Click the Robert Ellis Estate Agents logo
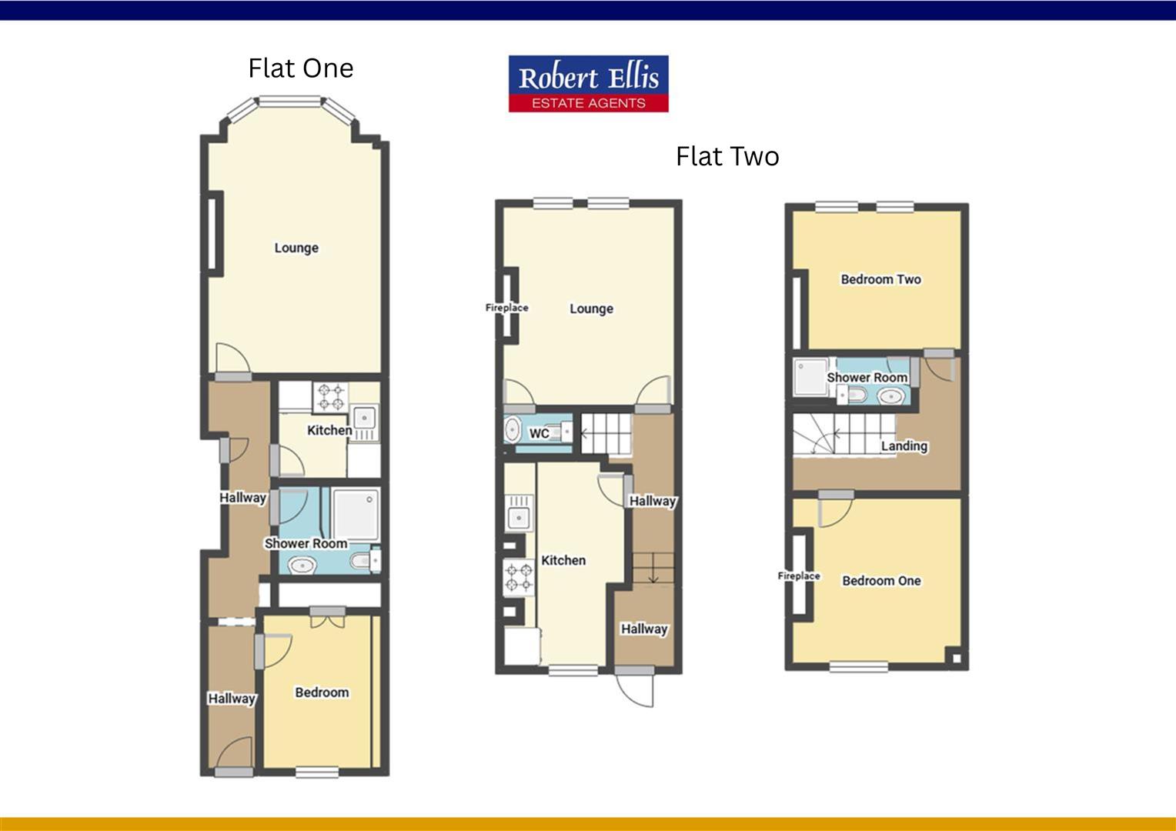click(x=588, y=84)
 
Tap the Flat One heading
click(x=300, y=68)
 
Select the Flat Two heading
click(x=727, y=157)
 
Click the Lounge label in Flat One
click(x=296, y=248)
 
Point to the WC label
click(x=539, y=433)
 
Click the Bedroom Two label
click(x=880, y=279)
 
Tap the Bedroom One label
click(x=881, y=581)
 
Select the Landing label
click(x=904, y=446)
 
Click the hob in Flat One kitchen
click(x=330, y=397)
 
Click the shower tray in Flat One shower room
click(x=356, y=513)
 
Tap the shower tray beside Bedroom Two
click(x=809, y=376)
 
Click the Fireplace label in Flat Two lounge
click(x=506, y=308)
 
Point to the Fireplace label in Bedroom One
click(x=799, y=576)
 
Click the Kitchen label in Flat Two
click(x=563, y=561)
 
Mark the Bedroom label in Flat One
click(x=322, y=692)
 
